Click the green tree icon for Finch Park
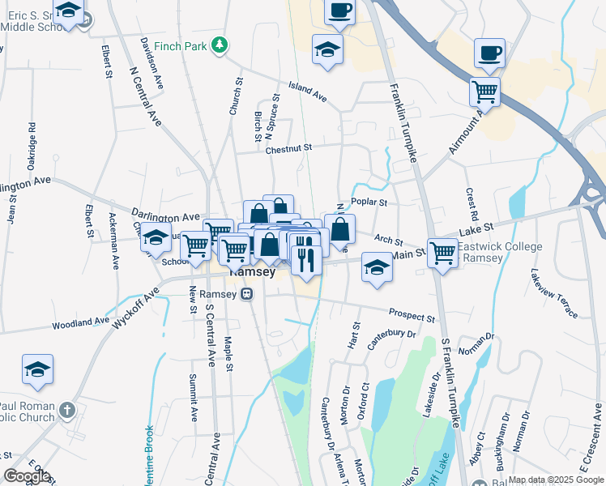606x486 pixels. click(218, 45)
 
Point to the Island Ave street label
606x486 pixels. click(308, 92)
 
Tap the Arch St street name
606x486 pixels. click(389, 240)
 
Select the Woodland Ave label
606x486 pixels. click(80, 322)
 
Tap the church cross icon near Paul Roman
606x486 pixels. click(67, 411)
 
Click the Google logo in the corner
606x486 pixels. click(27, 476)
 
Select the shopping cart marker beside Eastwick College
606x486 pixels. click(442, 252)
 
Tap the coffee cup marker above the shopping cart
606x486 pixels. click(489, 53)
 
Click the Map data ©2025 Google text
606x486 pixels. click(555, 480)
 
